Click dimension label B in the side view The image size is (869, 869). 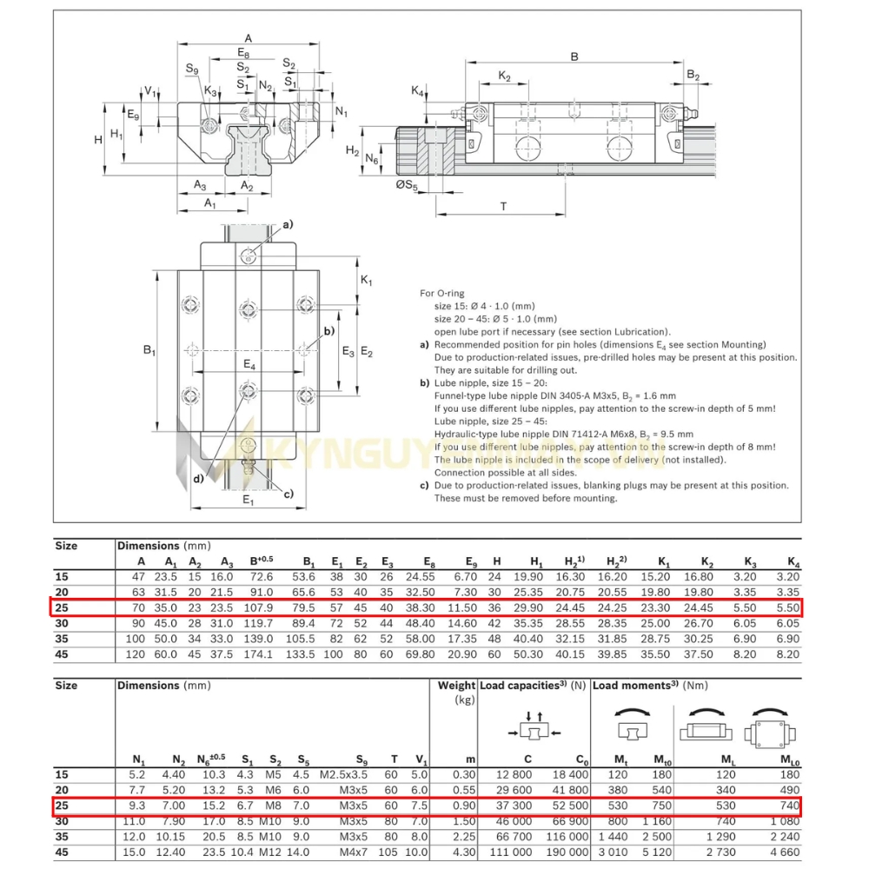point(574,56)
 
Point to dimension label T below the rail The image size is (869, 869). point(503,206)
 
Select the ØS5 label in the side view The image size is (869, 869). point(407,184)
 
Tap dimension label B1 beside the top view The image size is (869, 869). point(149,350)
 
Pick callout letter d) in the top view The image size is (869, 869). point(199,479)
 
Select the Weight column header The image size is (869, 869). point(456,686)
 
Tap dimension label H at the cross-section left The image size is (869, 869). point(98,139)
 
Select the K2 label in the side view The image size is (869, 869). point(504,76)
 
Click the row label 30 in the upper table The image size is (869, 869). point(61,623)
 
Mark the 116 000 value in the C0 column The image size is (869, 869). point(569,837)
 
